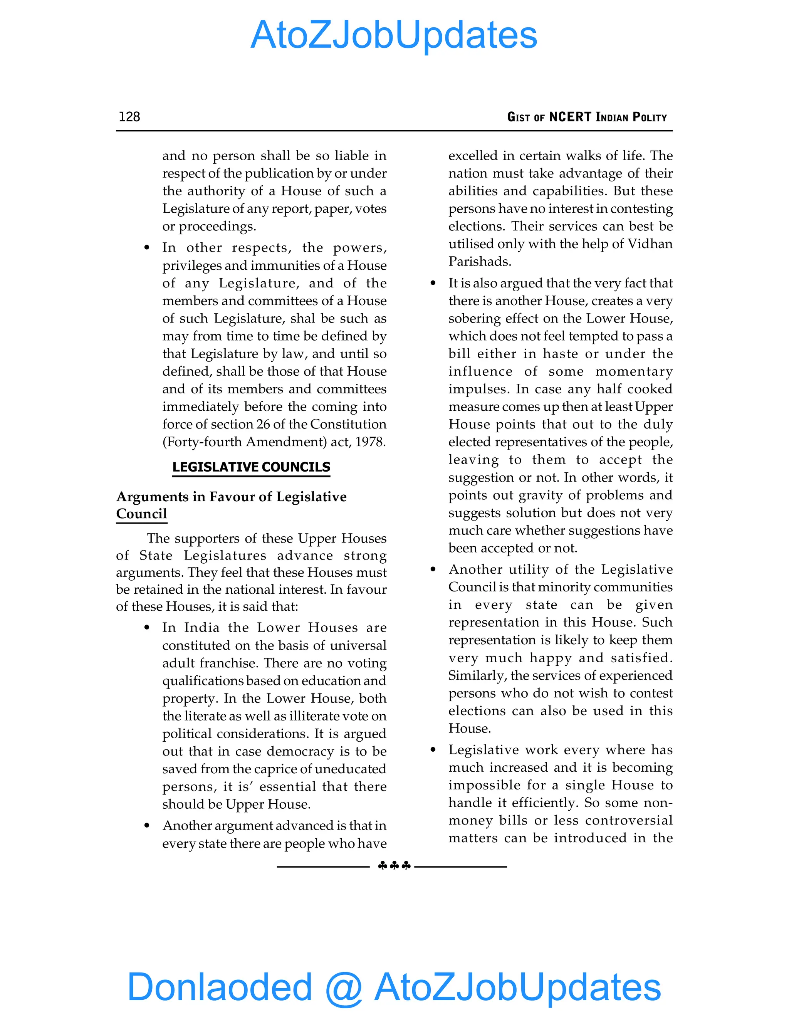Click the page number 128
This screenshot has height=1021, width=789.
pos(129,116)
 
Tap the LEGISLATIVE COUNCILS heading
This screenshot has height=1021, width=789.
pos(251,467)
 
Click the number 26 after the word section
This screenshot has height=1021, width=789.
pos(263,424)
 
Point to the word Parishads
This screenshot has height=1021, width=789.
pos(480,261)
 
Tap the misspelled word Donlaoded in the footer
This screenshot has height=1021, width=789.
pos(219,987)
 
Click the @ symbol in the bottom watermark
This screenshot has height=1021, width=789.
pos(344,988)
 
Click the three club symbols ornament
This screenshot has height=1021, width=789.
pos(394,866)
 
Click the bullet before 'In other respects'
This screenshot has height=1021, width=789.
pos(147,248)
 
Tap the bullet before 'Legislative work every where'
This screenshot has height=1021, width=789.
pos(433,750)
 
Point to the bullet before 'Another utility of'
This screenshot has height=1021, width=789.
pos(433,569)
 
